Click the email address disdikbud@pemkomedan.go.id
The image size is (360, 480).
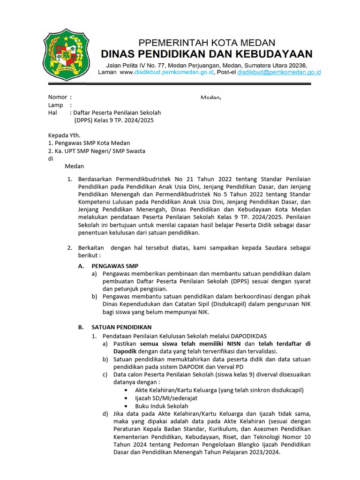click(x=279, y=73)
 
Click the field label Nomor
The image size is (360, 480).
click(x=58, y=97)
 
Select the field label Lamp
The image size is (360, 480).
click(x=55, y=105)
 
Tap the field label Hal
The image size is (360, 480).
click(x=52, y=112)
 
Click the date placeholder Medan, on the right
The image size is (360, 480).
click(x=210, y=97)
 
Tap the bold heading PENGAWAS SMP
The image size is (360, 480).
click(x=114, y=266)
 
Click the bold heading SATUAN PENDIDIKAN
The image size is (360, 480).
click(x=121, y=327)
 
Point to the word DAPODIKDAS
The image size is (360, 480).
click(x=247, y=336)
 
